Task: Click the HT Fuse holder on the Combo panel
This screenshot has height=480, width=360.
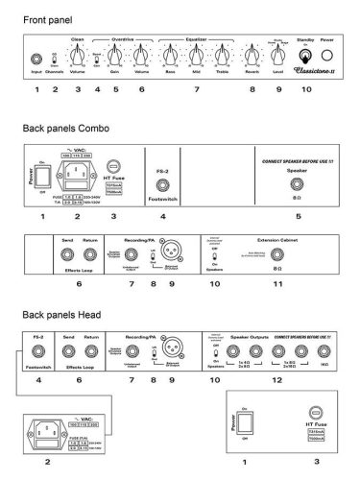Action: (113, 166)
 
